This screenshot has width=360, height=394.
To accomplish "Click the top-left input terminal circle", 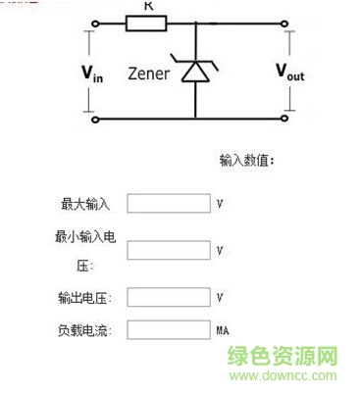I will click(x=95, y=21).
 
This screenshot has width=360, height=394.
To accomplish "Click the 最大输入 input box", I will click(x=169, y=204).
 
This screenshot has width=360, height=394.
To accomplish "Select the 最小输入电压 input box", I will click(x=169, y=250).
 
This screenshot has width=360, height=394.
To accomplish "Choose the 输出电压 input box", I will click(x=169, y=296).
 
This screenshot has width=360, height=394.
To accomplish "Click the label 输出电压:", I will click(x=85, y=297).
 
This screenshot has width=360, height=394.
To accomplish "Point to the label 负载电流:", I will click(x=85, y=330).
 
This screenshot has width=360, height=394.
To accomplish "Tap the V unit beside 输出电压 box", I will click(x=220, y=296).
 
